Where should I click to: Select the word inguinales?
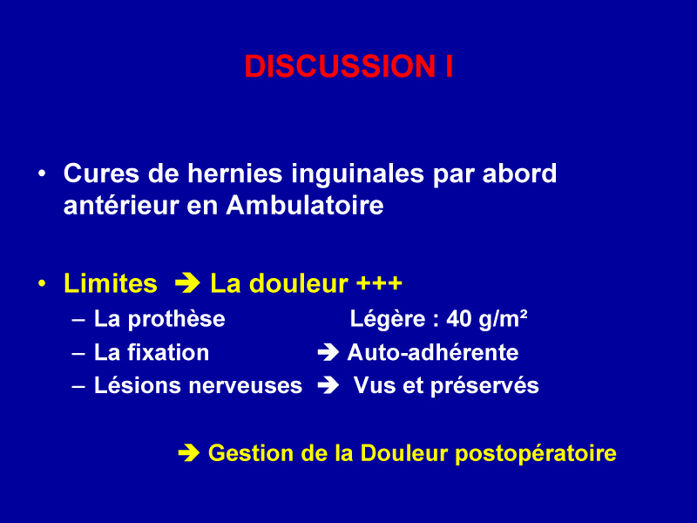[357, 173]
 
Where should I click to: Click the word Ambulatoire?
[304, 206]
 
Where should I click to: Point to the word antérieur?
[121, 206]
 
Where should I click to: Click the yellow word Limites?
[111, 283]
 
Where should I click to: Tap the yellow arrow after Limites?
[187, 284]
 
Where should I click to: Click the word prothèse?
[177, 320]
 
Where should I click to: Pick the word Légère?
[388, 320]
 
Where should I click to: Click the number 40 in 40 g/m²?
[459, 319]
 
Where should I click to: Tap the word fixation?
[168, 353]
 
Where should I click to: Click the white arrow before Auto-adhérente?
[328, 353]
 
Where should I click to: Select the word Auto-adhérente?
[433, 353]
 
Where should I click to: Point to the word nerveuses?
[246, 386]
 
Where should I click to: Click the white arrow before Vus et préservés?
[328, 385]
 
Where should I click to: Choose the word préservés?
[484, 386]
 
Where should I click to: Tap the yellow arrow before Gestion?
[189, 453]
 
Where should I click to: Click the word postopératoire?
[536, 454]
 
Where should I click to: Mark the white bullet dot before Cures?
[42, 173]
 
